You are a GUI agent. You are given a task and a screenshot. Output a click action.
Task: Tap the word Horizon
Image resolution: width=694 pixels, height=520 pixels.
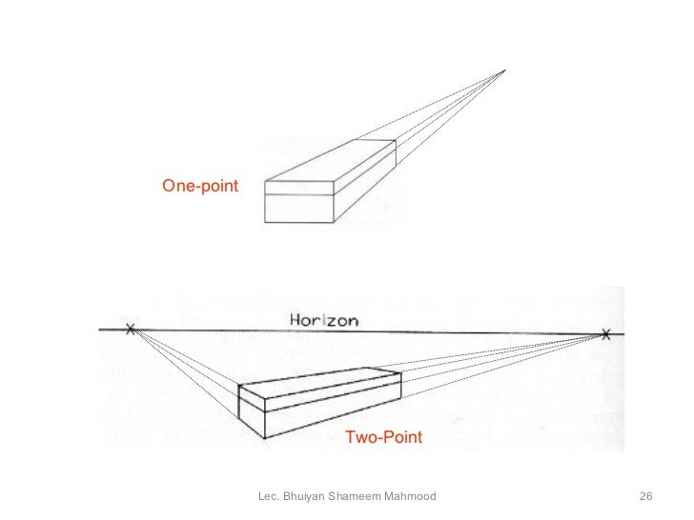point(324,321)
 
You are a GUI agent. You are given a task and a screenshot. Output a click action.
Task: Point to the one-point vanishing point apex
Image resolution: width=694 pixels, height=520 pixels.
point(504,70)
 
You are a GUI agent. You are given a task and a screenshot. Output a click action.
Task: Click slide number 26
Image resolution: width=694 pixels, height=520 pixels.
point(645,497)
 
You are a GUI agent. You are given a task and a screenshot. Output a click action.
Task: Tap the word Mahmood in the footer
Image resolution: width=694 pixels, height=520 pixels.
point(411,497)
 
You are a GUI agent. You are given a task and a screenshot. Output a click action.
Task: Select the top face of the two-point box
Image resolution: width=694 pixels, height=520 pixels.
point(319,379)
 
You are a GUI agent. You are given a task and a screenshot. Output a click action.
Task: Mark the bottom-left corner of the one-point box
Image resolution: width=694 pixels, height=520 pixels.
point(264,222)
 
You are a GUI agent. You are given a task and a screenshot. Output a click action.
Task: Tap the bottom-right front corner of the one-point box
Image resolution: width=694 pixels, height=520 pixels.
point(334,222)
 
